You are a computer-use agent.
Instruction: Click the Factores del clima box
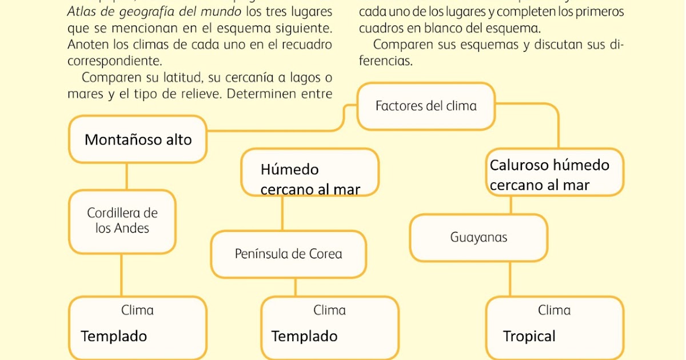click(x=426, y=106)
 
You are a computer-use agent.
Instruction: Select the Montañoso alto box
click(x=138, y=139)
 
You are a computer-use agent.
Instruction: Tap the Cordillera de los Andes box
click(x=122, y=221)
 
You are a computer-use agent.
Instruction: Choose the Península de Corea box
click(x=288, y=254)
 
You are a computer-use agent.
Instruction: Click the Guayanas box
click(x=478, y=237)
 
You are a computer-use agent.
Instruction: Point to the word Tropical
click(x=529, y=337)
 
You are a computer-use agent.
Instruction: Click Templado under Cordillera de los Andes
click(x=114, y=337)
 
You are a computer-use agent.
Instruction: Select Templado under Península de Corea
click(x=304, y=337)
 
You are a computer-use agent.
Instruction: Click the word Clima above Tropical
click(x=554, y=310)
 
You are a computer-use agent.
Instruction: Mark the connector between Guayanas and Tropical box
click(x=510, y=279)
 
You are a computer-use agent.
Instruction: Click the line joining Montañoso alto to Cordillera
click(x=126, y=177)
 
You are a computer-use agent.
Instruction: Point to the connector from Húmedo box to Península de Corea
click(x=282, y=214)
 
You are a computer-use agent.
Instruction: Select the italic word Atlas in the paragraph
click(x=82, y=12)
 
